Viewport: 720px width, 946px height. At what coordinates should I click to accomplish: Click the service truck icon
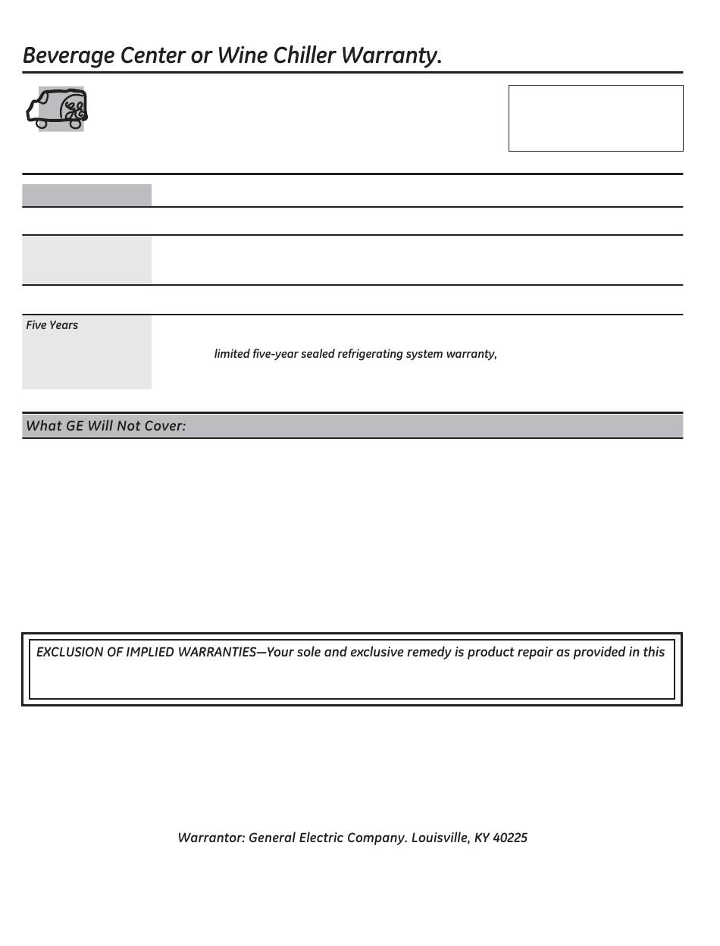point(58,108)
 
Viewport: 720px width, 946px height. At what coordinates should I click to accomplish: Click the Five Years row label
point(52,325)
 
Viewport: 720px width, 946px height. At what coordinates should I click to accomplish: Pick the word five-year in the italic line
point(274,354)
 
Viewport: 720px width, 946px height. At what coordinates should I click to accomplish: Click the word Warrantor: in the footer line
point(211,838)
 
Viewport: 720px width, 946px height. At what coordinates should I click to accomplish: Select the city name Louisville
point(440,838)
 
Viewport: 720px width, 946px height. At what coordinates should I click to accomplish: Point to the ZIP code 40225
point(510,838)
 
